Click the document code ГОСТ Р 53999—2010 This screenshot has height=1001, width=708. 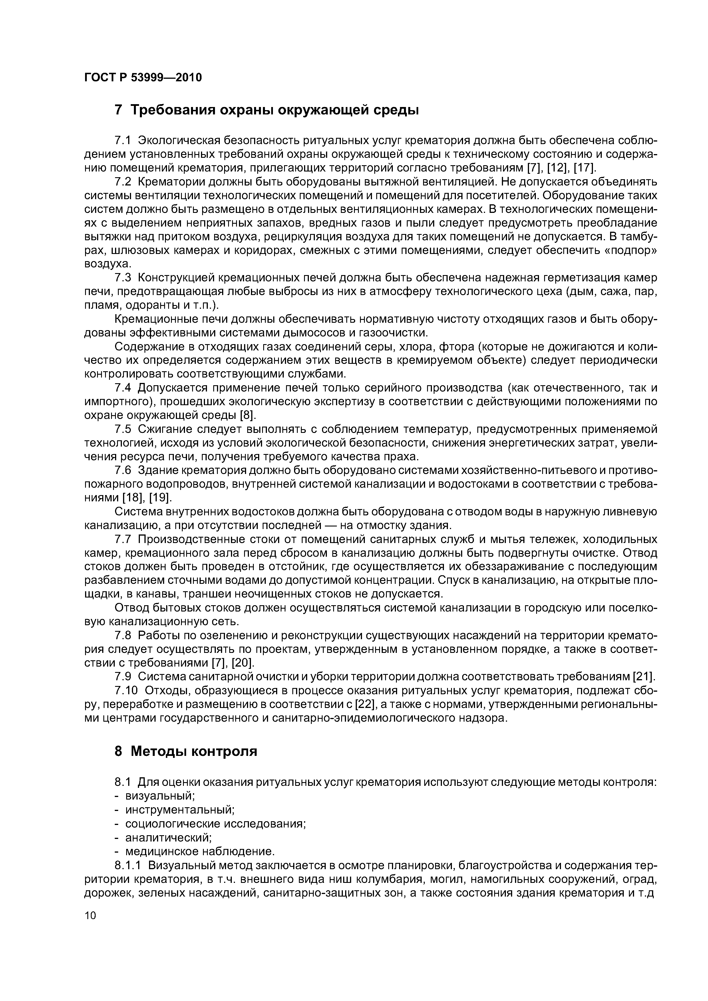pos(143,78)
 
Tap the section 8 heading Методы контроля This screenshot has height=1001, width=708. pos(185,751)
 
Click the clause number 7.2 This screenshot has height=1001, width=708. pos(122,181)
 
